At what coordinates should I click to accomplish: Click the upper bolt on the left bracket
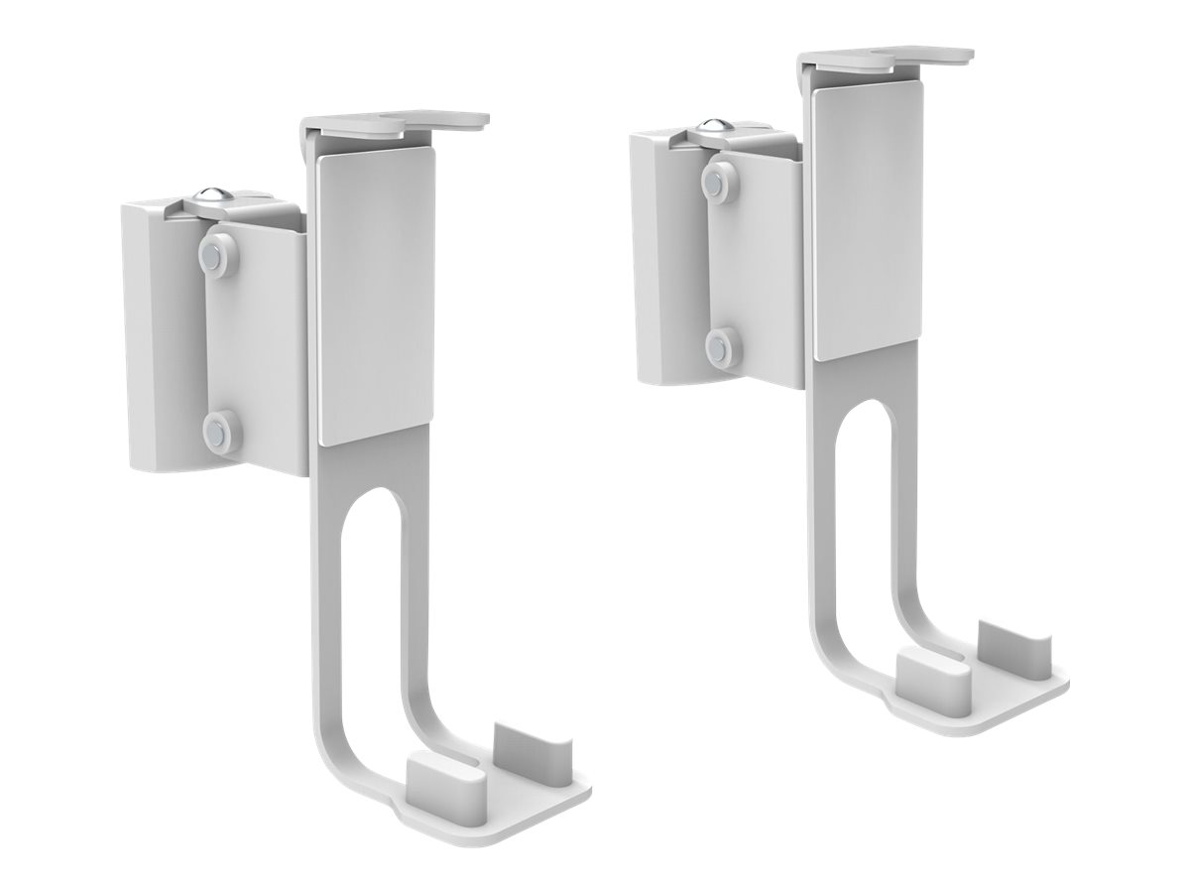(x=218, y=252)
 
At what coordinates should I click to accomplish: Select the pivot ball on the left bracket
(x=210, y=196)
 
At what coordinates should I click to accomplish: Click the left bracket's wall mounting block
(x=159, y=327)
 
